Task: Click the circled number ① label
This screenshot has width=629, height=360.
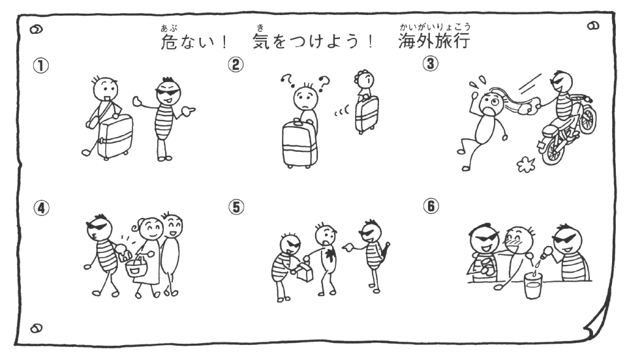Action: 41,65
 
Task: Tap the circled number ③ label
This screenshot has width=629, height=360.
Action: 431,64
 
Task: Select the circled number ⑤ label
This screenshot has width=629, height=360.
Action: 236,207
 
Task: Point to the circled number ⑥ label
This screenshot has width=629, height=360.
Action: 431,206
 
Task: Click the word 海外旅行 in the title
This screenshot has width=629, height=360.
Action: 435,41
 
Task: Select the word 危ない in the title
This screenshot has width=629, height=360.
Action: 188,41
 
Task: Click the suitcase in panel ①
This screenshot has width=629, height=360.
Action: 115,137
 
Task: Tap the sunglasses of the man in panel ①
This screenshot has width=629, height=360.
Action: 168,91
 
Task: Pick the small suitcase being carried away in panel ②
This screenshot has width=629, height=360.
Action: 367,115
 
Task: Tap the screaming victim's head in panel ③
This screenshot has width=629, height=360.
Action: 489,103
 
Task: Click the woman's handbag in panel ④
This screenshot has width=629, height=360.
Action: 136,267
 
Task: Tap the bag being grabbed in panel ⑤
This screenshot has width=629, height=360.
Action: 303,272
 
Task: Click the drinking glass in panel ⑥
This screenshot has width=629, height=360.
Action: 533,285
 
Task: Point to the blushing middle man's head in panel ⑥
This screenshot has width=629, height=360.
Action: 519,240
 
